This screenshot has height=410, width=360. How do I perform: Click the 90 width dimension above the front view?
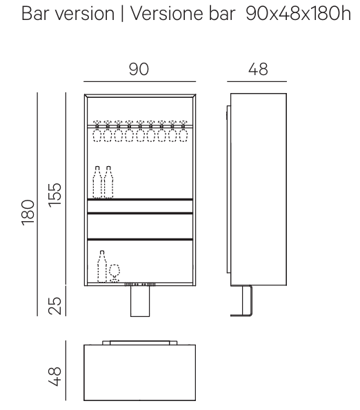(139, 69)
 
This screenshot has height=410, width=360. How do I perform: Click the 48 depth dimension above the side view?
(258, 69)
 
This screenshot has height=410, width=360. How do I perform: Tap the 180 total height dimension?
(28, 212)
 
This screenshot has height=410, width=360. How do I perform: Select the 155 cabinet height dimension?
(54, 195)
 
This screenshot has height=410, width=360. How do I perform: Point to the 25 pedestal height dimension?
(54, 305)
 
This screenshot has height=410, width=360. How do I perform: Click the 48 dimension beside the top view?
(54, 376)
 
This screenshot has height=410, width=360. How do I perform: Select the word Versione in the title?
(167, 14)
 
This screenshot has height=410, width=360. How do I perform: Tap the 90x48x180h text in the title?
(298, 14)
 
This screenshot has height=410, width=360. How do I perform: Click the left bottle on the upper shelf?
(97, 182)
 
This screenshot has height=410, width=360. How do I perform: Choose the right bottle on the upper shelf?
(108, 182)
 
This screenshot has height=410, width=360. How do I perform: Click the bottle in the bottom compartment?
(102, 267)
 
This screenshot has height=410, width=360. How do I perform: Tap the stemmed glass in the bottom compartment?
(114, 274)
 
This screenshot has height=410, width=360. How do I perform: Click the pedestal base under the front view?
(140, 301)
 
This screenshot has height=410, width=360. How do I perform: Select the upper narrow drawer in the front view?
(140, 206)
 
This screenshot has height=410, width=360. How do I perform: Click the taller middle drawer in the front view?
(140, 226)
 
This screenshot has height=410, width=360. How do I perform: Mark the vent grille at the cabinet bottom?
(140, 284)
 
